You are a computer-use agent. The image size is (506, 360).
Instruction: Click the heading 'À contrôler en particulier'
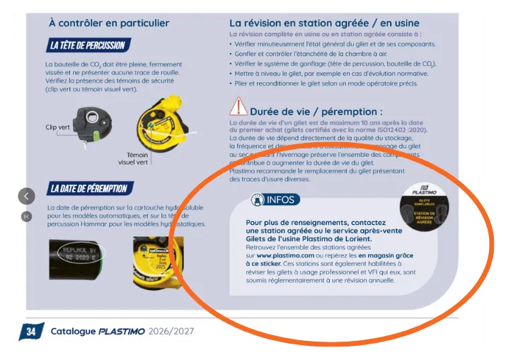point(109,23)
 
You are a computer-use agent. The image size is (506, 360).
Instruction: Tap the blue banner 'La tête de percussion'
point(88,46)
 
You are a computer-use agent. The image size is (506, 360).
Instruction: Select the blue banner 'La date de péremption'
point(89,189)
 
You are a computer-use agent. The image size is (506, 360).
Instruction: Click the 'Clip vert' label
point(58,127)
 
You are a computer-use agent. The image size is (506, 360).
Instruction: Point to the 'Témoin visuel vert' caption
point(133,158)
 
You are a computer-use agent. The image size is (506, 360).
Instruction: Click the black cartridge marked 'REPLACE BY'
point(74,253)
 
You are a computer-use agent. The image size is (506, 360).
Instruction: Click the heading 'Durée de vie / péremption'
point(316,112)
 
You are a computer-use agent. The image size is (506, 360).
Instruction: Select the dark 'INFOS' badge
point(275,200)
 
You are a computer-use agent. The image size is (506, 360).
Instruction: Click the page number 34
point(30,331)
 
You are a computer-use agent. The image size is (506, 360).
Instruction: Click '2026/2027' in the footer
point(173,331)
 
